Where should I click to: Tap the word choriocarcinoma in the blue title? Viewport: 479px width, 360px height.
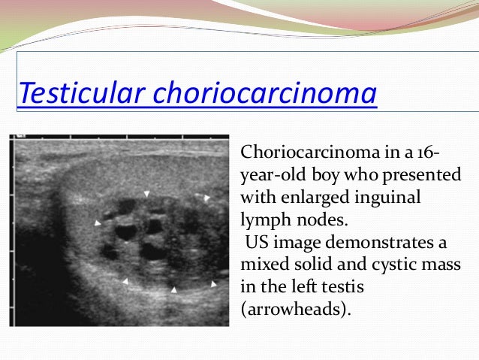pos(265,95)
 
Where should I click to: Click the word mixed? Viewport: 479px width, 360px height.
pos(262,264)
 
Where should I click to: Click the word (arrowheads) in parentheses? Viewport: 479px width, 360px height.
pos(294,307)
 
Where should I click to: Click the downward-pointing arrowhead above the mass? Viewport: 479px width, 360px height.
pos(147,194)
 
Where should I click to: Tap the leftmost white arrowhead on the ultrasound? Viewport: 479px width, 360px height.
pos(97,223)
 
